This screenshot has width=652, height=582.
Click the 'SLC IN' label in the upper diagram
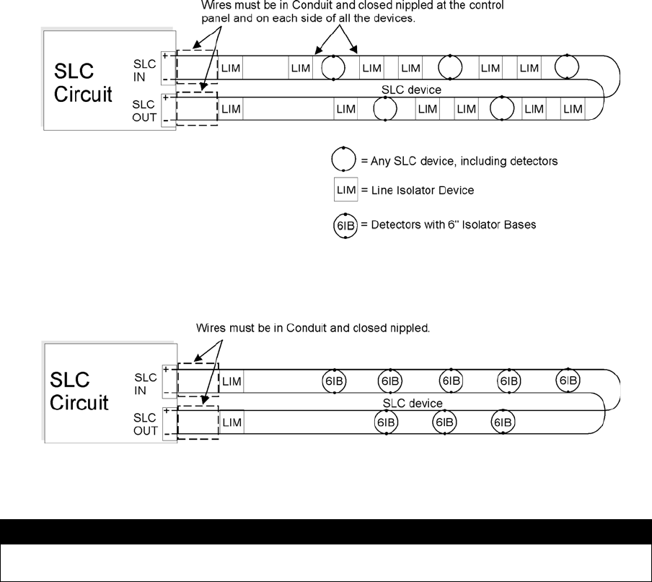pyautogui.click(x=145, y=69)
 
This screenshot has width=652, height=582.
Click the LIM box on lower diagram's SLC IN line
pyautogui.click(x=232, y=380)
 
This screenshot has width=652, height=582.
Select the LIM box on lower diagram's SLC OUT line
pyautogui.click(x=232, y=422)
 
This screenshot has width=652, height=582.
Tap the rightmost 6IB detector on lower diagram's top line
pyautogui.click(x=568, y=380)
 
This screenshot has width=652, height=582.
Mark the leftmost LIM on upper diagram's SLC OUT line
pyautogui.click(x=232, y=110)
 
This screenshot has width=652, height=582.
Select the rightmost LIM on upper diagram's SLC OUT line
pyautogui.click(x=573, y=110)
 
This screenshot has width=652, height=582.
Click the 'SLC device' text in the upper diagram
pyautogui.click(x=411, y=90)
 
